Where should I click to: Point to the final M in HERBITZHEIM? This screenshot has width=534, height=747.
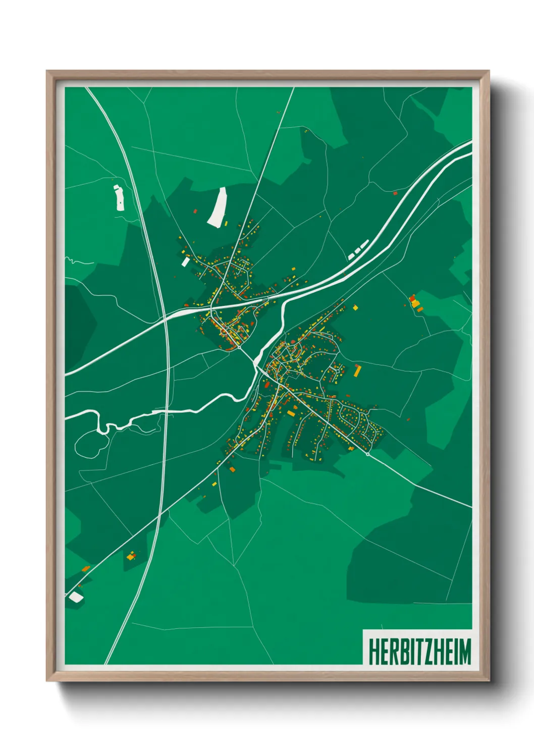pyautogui.click(x=464, y=651)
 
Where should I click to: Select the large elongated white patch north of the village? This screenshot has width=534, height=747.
pyautogui.click(x=217, y=207)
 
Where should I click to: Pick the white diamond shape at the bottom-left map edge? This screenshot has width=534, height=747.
pyautogui.click(x=76, y=597)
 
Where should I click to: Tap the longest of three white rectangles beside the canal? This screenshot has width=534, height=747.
pyautogui.click(x=364, y=245)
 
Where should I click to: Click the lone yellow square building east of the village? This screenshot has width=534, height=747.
pyautogui.click(x=355, y=307)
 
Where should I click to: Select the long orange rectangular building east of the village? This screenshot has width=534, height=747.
pyautogui.click(x=358, y=371)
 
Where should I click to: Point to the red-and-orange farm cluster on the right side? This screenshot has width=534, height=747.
pyautogui.click(x=415, y=303)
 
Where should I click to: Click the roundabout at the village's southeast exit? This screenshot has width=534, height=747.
pyautogui.click(x=368, y=454)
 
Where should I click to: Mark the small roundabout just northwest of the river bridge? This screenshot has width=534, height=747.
pyautogui.click(x=239, y=347)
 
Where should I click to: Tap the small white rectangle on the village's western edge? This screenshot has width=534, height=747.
pyautogui.click(x=186, y=261)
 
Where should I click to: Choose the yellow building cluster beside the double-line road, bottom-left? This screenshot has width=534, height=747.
pyautogui.click(x=131, y=556)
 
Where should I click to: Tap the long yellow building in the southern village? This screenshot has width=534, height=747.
pyautogui.click(x=291, y=413)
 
